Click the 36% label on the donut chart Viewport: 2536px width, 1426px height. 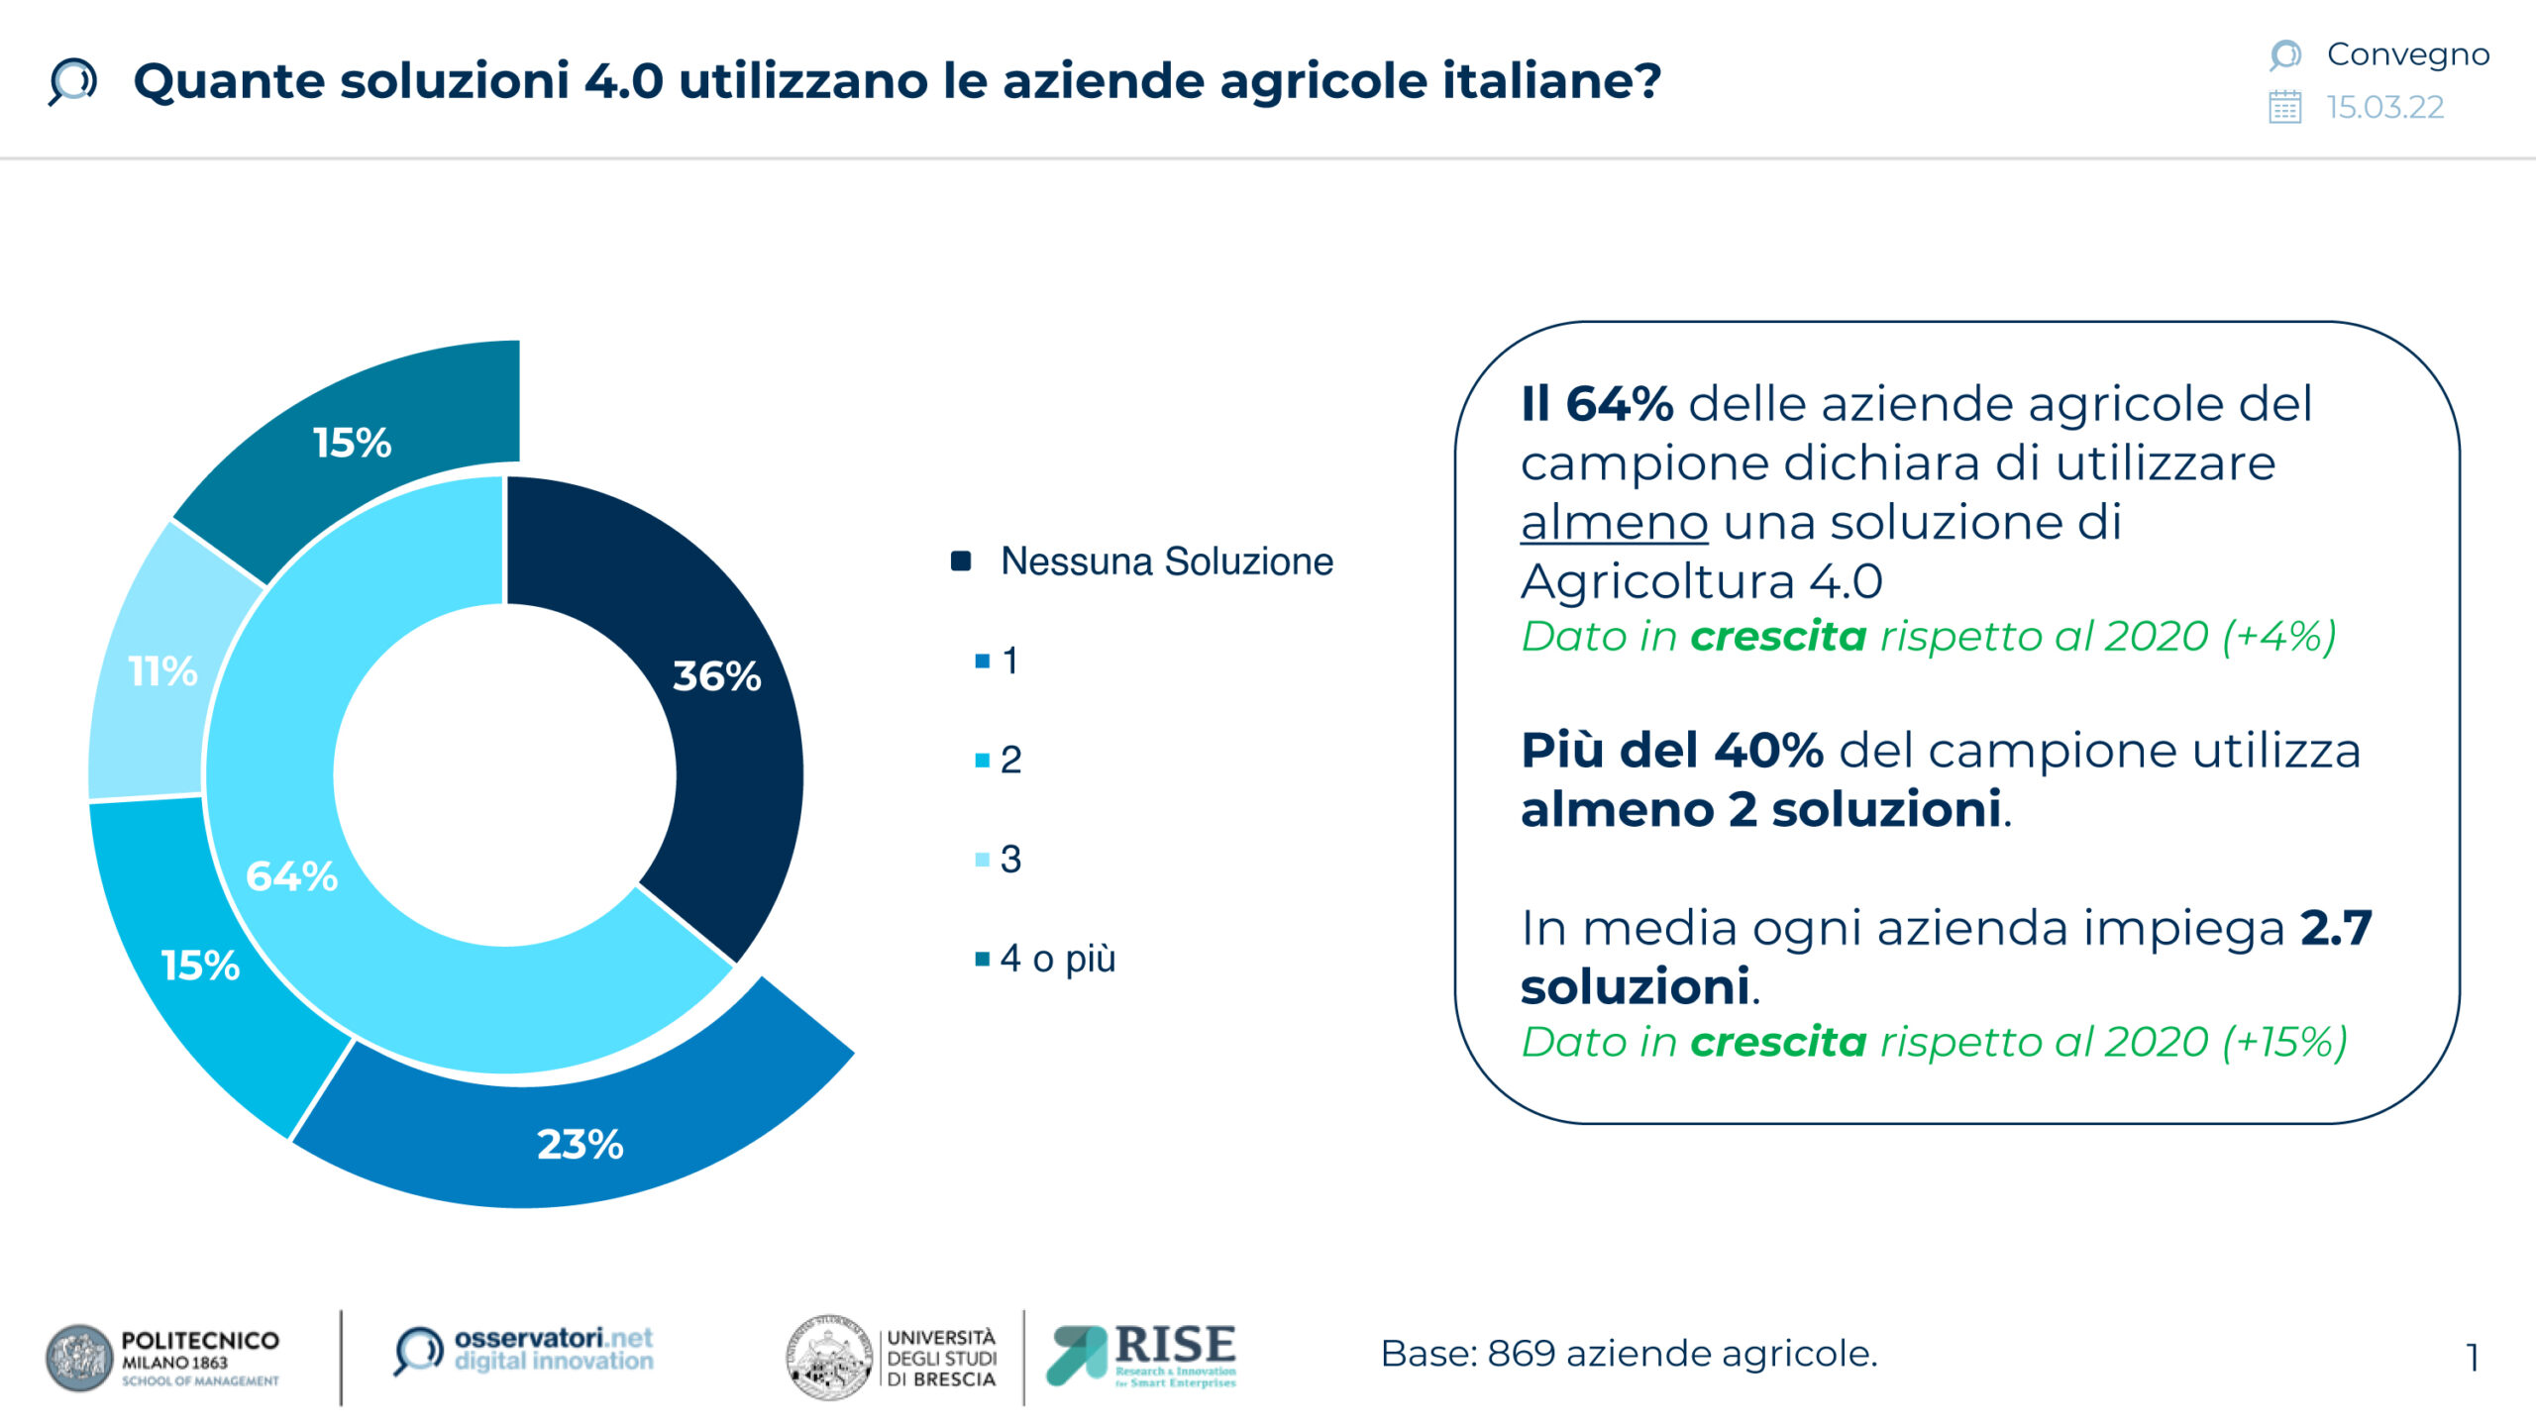(x=716, y=676)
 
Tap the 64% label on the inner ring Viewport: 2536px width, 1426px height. (x=291, y=876)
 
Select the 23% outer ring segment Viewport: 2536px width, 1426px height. (x=579, y=1129)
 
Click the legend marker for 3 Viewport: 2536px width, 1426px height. (x=983, y=860)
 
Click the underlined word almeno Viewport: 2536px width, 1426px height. (x=1614, y=522)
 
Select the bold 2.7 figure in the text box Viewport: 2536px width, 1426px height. (x=2336, y=928)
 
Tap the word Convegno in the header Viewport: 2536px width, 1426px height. (x=2408, y=54)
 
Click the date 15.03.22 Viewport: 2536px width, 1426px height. (x=2385, y=107)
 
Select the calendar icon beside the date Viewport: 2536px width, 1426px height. (x=2285, y=107)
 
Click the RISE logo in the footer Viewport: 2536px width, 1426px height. (x=1141, y=1356)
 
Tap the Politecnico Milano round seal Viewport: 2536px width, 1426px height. (x=79, y=1358)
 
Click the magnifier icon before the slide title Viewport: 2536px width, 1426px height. (x=72, y=81)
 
